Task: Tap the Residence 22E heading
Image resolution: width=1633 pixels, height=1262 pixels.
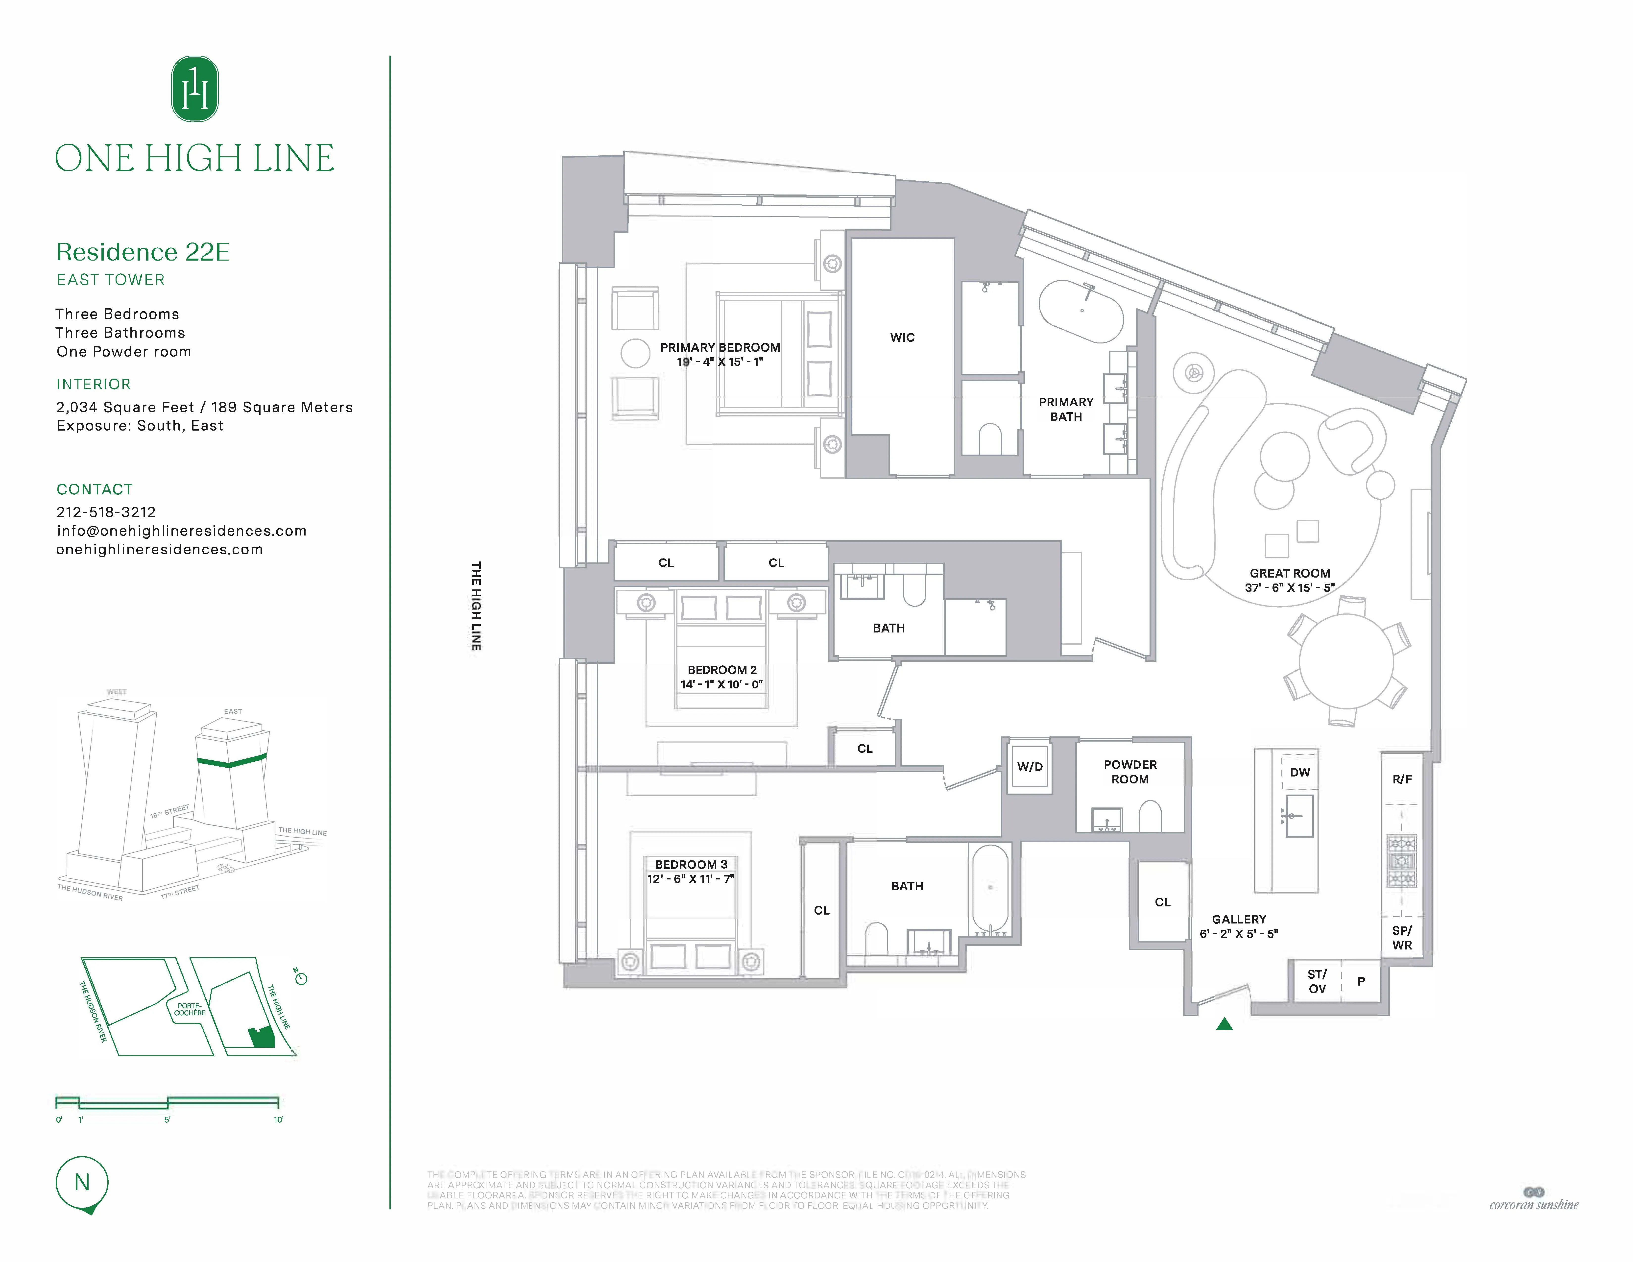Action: tap(143, 252)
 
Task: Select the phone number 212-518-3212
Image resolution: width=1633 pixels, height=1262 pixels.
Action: tap(106, 512)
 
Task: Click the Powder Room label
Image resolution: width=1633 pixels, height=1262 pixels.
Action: tap(1130, 772)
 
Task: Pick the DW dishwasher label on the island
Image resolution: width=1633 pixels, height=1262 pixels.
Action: tap(1299, 772)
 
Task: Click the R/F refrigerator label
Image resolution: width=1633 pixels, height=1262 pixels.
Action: tap(1402, 779)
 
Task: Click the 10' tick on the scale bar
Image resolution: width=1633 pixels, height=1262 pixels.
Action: tap(278, 1119)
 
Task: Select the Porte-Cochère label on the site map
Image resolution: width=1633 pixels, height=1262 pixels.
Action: tap(190, 1009)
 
